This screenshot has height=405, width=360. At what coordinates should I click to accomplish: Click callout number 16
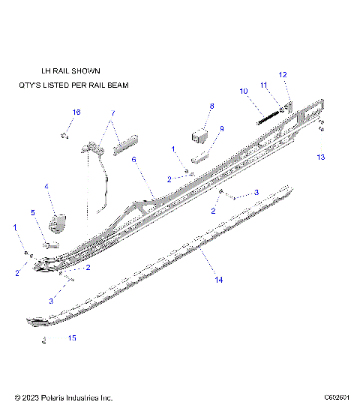[76, 112]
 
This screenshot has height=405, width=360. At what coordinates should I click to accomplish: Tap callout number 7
[113, 114]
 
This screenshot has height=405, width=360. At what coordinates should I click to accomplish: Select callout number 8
[211, 106]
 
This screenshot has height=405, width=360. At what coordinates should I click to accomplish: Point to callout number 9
[222, 129]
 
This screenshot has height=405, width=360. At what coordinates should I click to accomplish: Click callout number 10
[243, 91]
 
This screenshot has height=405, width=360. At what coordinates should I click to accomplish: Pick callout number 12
[283, 74]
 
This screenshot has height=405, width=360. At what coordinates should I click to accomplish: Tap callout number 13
[320, 157]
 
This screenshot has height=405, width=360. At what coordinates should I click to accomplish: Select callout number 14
[219, 280]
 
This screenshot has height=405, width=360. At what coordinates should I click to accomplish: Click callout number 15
[72, 338]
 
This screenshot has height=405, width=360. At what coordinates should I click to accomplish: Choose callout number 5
[33, 213]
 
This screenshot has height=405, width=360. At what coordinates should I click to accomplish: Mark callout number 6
[134, 160]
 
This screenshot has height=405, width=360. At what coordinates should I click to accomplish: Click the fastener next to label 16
[64, 136]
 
